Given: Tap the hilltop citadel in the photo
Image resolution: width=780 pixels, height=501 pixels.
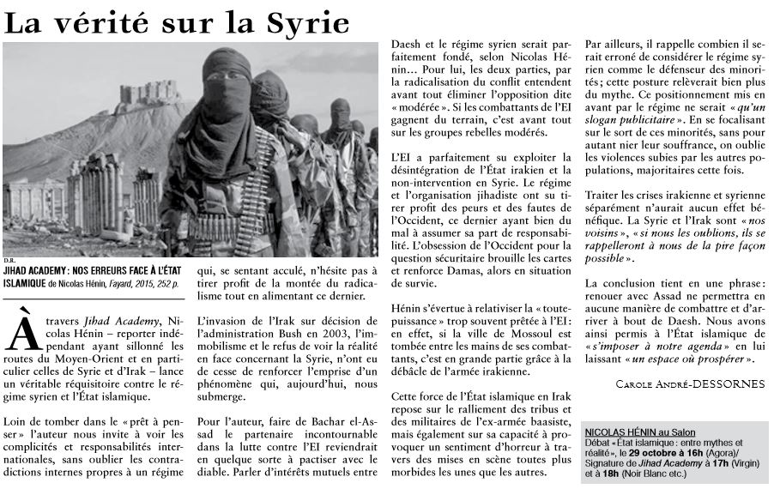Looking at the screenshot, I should (150, 94).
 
